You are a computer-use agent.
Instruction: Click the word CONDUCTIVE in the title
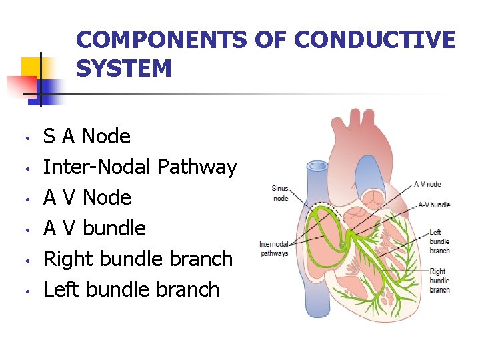[x=374, y=40]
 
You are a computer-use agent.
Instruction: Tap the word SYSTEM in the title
[x=124, y=68]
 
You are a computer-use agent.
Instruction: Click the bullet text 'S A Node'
[x=87, y=137]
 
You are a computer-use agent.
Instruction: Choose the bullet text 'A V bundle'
[x=94, y=229]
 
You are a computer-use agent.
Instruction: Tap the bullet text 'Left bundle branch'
[x=131, y=289]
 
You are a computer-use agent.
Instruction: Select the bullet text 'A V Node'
[x=87, y=198]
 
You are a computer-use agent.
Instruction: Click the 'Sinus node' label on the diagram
[x=281, y=193]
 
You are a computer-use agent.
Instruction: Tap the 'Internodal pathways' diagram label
[x=273, y=249]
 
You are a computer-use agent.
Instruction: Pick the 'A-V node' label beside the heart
[x=427, y=184]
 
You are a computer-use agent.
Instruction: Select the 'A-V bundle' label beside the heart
[x=434, y=205]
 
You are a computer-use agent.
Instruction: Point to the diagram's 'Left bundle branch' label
[x=439, y=241]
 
